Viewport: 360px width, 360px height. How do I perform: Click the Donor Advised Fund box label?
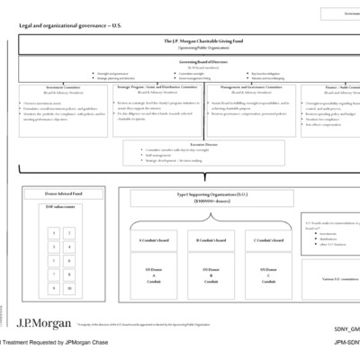[63, 193]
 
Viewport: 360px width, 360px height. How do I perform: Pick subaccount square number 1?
[54, 232]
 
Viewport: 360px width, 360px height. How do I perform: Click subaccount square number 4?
[70, 247]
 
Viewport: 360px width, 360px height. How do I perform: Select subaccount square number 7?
[54, 274]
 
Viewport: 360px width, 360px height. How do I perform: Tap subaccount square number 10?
[70, 288]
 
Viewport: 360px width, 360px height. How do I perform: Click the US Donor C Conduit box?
[267, 275]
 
